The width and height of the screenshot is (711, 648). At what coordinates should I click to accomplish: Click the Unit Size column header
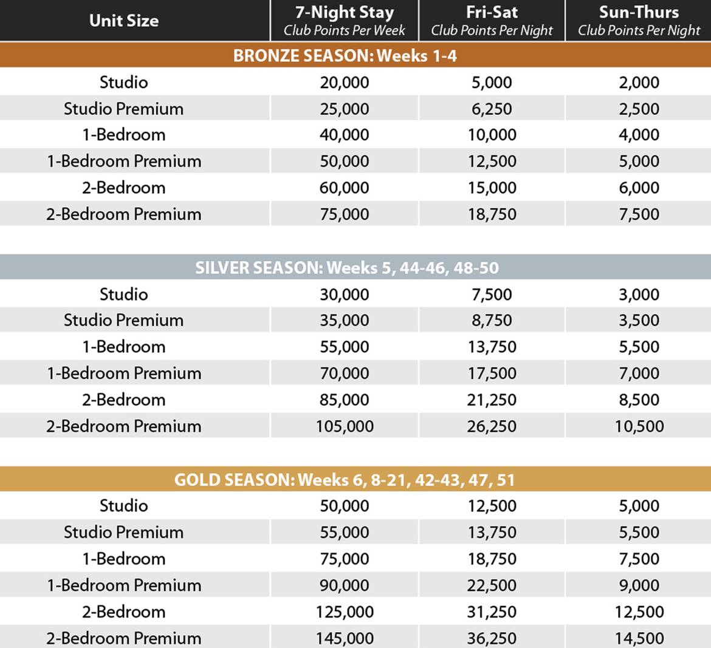pos(123,21)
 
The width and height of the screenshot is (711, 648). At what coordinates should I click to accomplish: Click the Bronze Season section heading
pos(345,56)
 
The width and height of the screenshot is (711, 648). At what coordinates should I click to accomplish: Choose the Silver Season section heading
pos(347,268)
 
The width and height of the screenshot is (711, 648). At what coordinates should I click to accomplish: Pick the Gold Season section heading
pos(345,480)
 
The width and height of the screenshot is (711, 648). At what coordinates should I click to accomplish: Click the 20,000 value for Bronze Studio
pos(344,82)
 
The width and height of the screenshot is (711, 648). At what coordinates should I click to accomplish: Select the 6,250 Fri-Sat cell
pos(492,109)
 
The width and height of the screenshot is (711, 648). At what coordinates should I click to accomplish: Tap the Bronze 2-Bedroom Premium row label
pos(123,214)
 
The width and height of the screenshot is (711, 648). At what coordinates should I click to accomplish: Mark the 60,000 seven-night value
pos(344,188)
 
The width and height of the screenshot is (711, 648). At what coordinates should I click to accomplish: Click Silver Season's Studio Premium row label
pos(123,320)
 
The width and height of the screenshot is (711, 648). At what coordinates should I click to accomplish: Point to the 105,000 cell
pos(344,426)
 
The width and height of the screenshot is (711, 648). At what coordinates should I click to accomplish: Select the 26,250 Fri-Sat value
pos(492,426)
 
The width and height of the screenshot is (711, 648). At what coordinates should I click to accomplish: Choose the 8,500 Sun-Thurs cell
pos(639,400)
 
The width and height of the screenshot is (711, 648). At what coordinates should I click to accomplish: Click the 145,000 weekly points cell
pos(344,638)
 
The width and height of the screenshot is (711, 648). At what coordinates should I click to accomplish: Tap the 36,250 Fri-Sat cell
pos(492,638)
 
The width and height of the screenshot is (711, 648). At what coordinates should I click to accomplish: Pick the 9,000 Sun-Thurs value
pos(639,585)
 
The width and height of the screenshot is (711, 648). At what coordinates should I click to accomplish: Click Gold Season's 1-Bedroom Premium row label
pos(123,585)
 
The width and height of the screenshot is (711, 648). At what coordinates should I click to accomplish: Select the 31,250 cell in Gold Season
pos(492,612)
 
